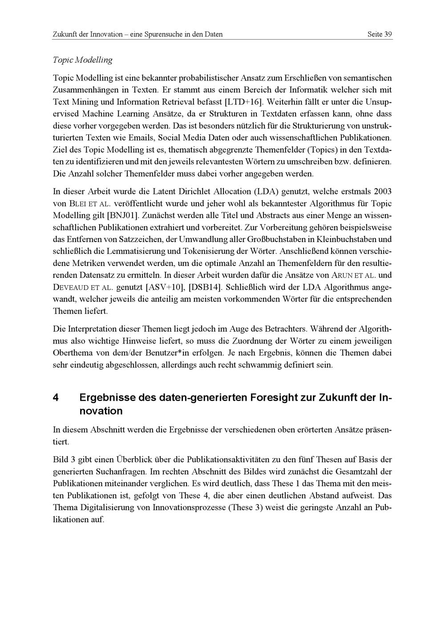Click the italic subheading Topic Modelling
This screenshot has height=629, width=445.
click(x=82, y=60)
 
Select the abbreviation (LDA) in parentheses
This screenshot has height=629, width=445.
click(x=267, y=192)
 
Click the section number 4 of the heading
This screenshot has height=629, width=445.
click(x=56, y=397)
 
